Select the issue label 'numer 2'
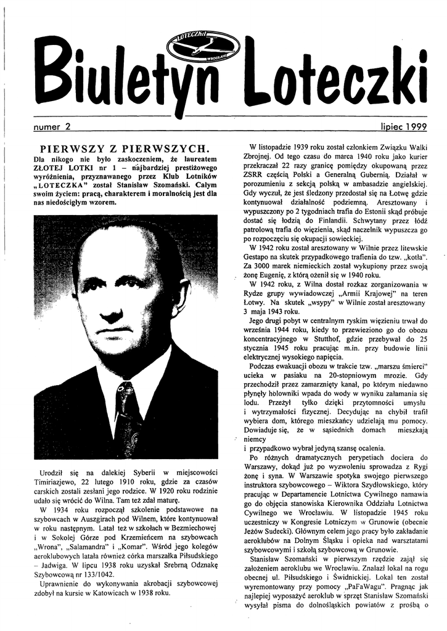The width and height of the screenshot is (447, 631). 52,126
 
